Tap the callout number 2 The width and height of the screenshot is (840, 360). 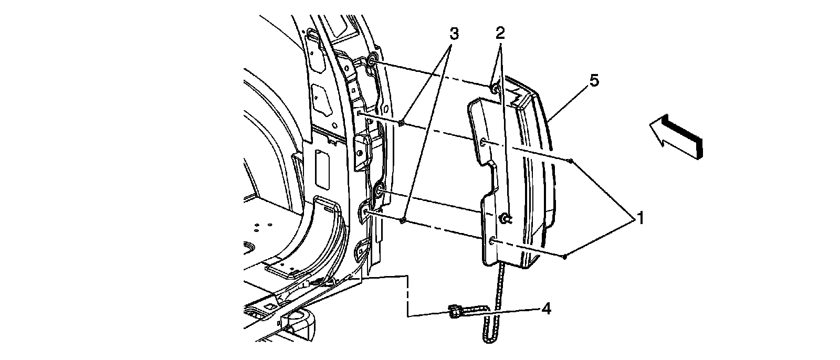point(500,34)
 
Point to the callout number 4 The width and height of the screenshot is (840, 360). point(546,310)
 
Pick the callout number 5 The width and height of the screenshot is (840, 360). point(594,81)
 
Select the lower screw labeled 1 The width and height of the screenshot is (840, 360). point(564,257)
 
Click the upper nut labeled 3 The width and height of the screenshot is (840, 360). point(402,123)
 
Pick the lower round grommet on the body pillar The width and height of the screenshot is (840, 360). point(379,195)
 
